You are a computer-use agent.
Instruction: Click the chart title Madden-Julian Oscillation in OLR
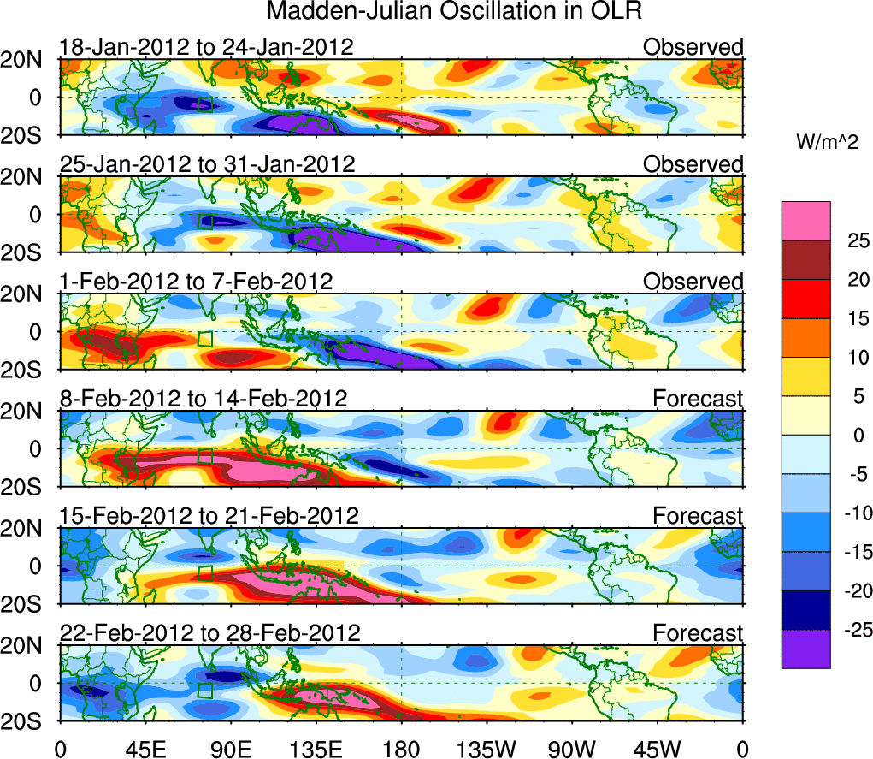click(454, 12)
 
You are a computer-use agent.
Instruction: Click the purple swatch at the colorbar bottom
click(805, 649)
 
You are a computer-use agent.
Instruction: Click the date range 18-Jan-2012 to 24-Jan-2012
click(206, 47)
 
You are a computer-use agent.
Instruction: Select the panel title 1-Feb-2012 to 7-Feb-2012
click(196, 282)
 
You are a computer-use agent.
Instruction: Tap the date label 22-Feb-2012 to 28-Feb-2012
click(209, 633)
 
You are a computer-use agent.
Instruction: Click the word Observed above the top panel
click(693, 47)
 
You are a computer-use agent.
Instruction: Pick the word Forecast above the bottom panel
click(699, 633)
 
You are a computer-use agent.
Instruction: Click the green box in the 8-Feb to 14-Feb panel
click(204, 456)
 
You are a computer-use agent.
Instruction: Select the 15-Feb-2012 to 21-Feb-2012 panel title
click(209, 516)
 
